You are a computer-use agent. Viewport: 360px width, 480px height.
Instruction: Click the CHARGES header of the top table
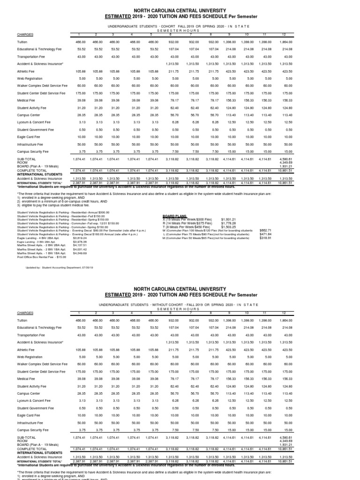(25, 34)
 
